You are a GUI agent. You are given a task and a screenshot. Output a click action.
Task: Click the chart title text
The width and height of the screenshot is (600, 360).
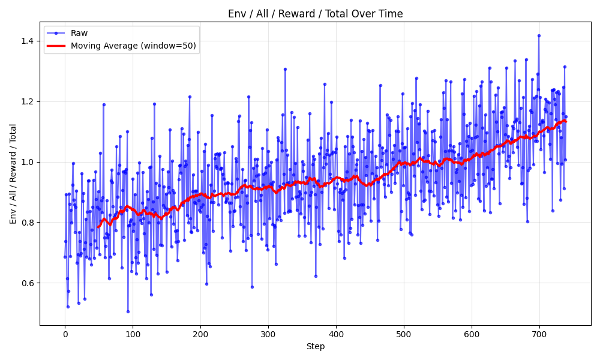tap(315, 14)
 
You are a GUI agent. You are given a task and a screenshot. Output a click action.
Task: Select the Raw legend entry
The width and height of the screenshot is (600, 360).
tap(79, 34)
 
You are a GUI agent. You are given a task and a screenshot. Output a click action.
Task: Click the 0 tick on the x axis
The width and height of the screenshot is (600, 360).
tap(65, 334)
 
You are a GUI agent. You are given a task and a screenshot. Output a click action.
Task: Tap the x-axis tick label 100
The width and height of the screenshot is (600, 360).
tap(133, 334)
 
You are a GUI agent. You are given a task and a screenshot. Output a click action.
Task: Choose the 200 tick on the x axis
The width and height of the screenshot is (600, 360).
tap(200, 334)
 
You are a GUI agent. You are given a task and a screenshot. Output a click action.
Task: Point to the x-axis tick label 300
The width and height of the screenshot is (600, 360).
tap(268, 334)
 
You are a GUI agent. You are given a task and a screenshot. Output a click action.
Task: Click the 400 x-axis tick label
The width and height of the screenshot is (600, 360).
tap(336, 334)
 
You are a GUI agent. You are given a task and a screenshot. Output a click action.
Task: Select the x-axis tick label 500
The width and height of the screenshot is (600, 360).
tap(404, 334)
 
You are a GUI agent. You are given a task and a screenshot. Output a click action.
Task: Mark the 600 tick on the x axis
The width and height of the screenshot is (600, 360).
tap(472, 334)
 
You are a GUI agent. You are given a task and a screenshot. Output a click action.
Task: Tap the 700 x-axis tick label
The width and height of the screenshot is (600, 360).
tap(539, 334)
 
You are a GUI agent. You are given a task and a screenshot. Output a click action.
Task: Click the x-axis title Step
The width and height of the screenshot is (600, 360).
tap(315, 346)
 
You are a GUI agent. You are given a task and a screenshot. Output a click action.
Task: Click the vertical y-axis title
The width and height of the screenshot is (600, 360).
tap(13, 174)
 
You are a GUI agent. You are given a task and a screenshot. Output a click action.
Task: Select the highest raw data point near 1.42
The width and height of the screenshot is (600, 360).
tap(539, 35)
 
